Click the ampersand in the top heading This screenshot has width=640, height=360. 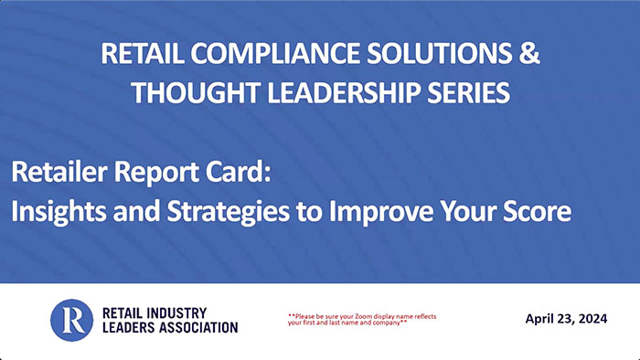(529, 55)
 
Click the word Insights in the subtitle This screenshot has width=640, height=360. (56, 212)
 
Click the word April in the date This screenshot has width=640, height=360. (543, 318)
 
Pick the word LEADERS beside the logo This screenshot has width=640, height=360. (124, 327)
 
